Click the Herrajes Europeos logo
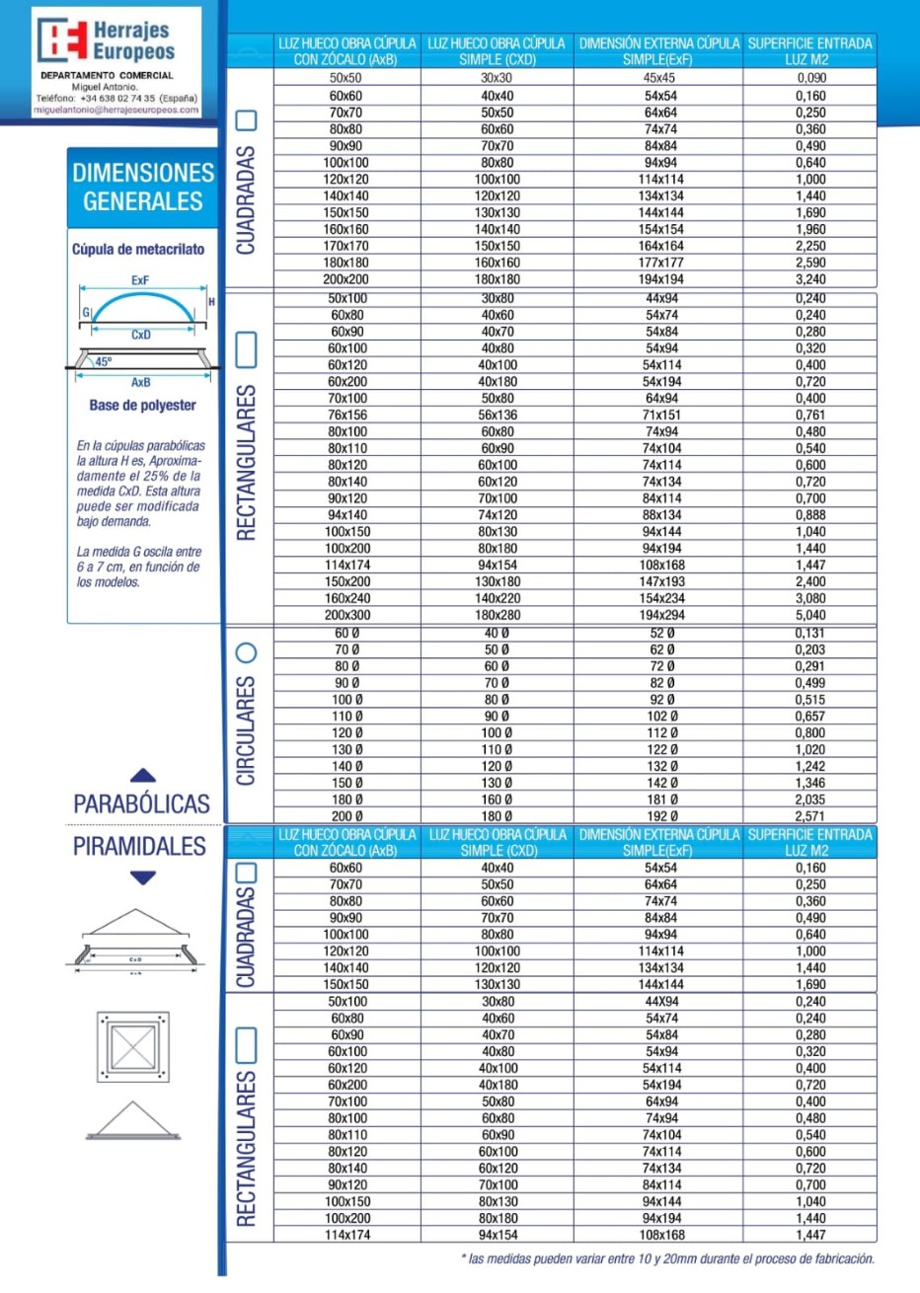click(107, 40)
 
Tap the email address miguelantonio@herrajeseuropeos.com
click(116, 111)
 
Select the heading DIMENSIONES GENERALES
click(143, 187)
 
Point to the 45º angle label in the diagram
click(103, 362)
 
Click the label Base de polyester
click(142, 405)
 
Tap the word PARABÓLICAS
click(141, 803)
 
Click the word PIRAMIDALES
click(139, 846)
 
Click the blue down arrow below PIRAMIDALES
click(143, 877)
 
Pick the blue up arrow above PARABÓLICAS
click(143, 776)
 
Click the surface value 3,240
click(810, 279)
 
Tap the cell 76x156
click(347, 416)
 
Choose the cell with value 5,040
click(810, 615)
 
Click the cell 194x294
click(661, 615)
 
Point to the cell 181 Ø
click(662, 799)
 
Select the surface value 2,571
click(810, 816)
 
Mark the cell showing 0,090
click(811, 78)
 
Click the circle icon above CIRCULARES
click(246, 652)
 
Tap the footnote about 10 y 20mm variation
click(667, 1258)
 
